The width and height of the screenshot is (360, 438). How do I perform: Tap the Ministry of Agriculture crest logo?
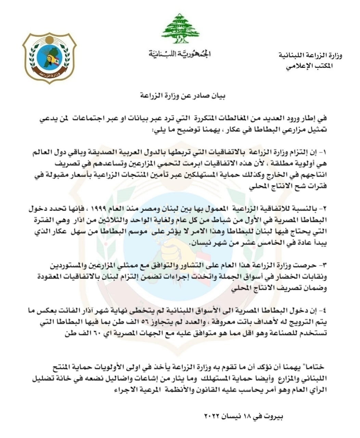(x=50, y=57)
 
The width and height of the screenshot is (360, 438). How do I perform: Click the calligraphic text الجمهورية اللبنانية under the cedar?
(x=180, y=54)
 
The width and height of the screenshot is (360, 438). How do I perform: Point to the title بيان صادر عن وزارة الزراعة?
(x=179, y=95)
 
